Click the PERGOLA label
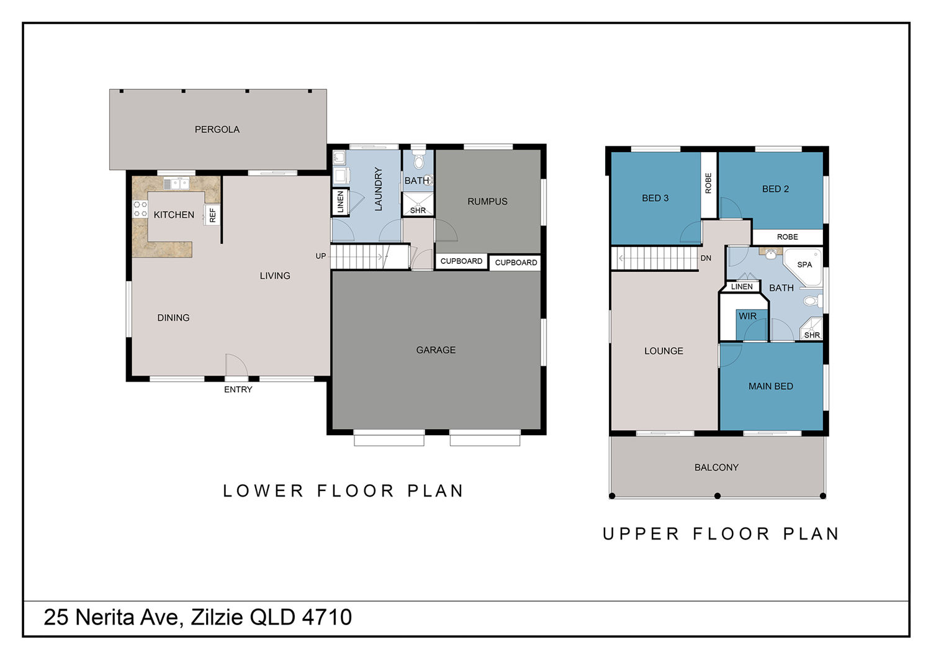[x=217, y=130]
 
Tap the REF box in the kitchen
[x=212, y=215]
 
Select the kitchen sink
[x=176, y=183]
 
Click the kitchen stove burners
[x=140, y=209]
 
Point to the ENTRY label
[x=238, y=389]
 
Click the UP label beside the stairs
[x=321, y=256]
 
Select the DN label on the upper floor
[x=706, y=258]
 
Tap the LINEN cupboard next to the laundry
[x=340, y=202]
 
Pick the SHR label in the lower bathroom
[x=418, y=210]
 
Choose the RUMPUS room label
[x=487, y=202]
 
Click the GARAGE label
[x=436, y=350]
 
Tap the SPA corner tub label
[x=804, y=264]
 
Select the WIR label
[x=748, y=317]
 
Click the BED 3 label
[x=655, y=198]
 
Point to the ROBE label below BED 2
[x=788, y=237]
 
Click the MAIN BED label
[x=771, y=387]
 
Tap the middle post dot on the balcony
[x=717, y=496]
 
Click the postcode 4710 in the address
[x=326, y=617]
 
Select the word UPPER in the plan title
[x=641, y=534]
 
